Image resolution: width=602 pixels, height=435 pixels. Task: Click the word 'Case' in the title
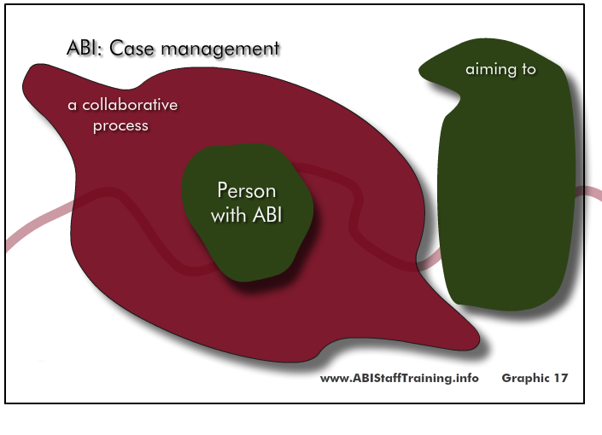tap(132, 49)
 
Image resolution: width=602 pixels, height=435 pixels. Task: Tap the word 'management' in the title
tap(220, 49)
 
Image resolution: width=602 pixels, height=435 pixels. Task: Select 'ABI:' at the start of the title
tap(85, 49)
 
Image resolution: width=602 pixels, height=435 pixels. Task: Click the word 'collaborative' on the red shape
tap(130, 105)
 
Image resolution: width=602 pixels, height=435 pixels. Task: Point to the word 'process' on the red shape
tap(120, 126)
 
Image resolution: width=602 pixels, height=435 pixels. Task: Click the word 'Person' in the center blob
tap(247, 190)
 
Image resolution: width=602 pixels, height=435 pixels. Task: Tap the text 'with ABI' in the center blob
tap(247, 214)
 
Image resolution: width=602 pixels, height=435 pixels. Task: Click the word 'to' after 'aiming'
tap(529, 69)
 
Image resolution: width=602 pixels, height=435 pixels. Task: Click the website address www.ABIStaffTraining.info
tap(400, 378)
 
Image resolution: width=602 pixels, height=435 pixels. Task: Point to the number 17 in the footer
tap(560, 378)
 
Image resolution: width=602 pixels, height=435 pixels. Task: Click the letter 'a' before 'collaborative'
tap(72, 106)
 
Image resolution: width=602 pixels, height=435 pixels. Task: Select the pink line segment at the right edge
tap(588, 192)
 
